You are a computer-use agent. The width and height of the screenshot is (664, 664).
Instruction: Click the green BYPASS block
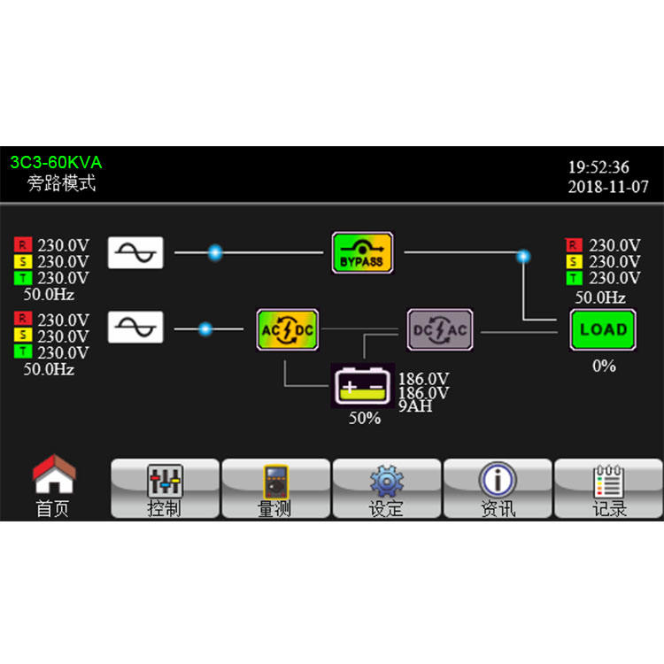(x=362, y=252)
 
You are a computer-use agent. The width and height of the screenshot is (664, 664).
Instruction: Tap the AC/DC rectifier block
(x=288, y=329)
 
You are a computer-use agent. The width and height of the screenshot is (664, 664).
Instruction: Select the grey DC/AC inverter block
(x=440, y=329)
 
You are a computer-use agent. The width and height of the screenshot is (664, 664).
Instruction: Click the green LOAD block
(x=603, y=329)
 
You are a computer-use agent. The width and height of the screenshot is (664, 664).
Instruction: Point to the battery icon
(x=363, y=386)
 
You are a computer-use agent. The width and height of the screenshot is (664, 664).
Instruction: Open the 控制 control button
(x=165, y=489)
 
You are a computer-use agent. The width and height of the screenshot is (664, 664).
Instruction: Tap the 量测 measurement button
(x=275, y=489)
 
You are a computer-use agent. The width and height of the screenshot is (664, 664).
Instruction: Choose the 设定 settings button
(x=386, y=489)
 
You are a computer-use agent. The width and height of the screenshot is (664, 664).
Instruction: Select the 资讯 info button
(x=498, y=489)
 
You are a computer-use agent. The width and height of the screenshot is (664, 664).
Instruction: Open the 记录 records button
(x=608, y=489)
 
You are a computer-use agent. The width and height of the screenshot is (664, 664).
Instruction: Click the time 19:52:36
(x=598, y=167)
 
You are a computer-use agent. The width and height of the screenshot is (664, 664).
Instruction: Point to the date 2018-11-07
(x=608, y=187)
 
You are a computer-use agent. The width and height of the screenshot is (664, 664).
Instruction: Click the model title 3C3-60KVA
(x=56, y=163)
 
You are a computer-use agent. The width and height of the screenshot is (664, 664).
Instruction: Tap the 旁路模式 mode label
(x=61, y=184)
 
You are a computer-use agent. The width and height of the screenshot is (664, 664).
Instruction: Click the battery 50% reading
(x=364, y=418)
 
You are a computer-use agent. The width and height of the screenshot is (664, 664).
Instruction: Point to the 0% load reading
(x=604, y=365)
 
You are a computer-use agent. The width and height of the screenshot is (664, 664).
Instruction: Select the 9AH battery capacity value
(x=415, y=408)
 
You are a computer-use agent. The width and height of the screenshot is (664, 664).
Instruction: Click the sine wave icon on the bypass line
(x=135, y=252)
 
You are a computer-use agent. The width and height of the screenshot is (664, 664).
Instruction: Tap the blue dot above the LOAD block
(x=523, y=256)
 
